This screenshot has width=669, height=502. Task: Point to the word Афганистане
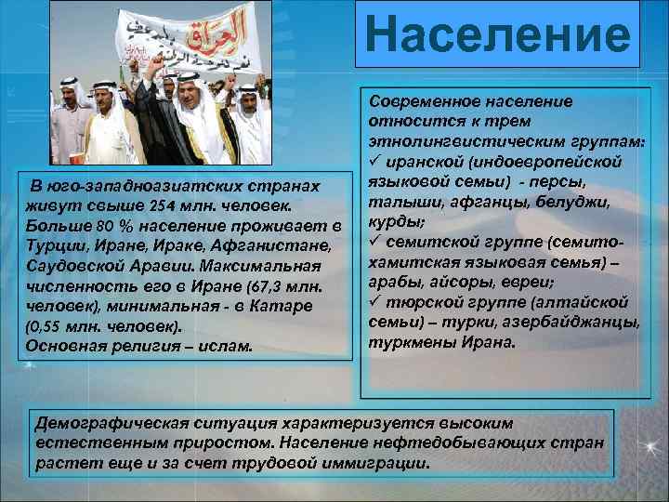[279, 245]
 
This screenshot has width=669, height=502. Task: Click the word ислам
[228, 347]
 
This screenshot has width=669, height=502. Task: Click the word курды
[398, 221]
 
